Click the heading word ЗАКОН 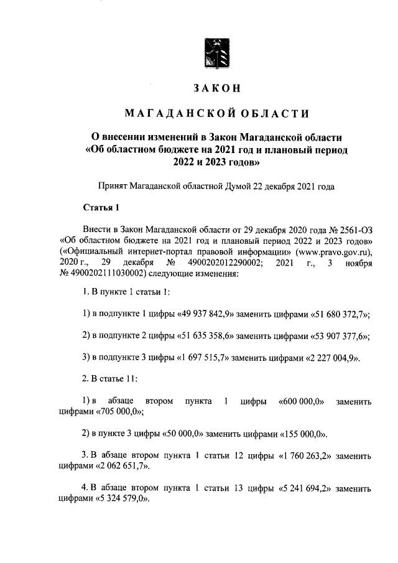coord(216,89)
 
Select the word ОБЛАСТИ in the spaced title coord(271,113)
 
